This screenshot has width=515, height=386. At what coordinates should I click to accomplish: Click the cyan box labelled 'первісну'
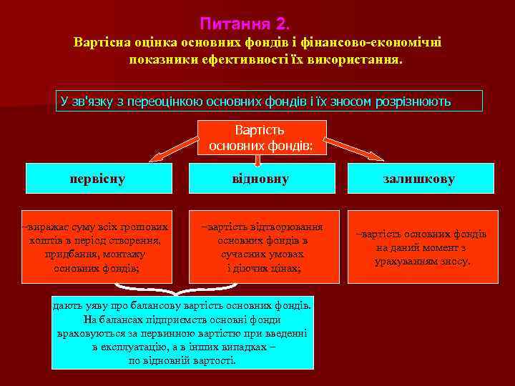point(97,179)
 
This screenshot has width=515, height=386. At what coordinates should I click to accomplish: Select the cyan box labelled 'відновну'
point(260,179)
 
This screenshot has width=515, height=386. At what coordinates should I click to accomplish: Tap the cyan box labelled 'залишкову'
point(421,179)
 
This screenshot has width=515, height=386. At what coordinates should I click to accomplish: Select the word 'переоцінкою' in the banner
point(170,102)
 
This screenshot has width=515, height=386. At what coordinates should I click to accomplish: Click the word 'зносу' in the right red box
point(455,262)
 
